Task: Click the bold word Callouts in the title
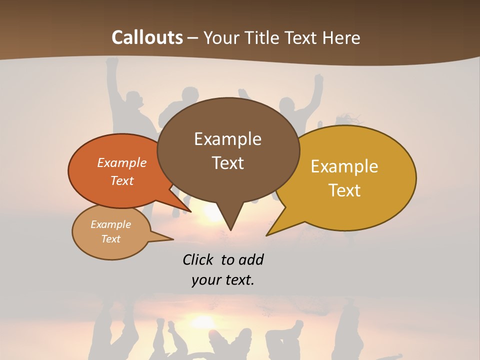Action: [x=147, y=37]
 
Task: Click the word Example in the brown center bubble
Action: [x=227, y=139]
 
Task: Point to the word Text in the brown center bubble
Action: [x=227, y=163]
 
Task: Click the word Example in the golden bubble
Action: [x=344, y=166]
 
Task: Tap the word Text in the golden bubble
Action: [x=345, y=190]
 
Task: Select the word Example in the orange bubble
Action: [x=122, y=162]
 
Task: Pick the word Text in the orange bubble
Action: [x=122, y=180]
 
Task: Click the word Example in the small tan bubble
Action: [x=110, y=224]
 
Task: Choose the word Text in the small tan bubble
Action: [x=110, y=239]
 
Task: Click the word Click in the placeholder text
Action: [x=197, y=259]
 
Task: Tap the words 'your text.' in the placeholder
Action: [x=223, y=280]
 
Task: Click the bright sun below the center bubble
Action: [x=212, y=212]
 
